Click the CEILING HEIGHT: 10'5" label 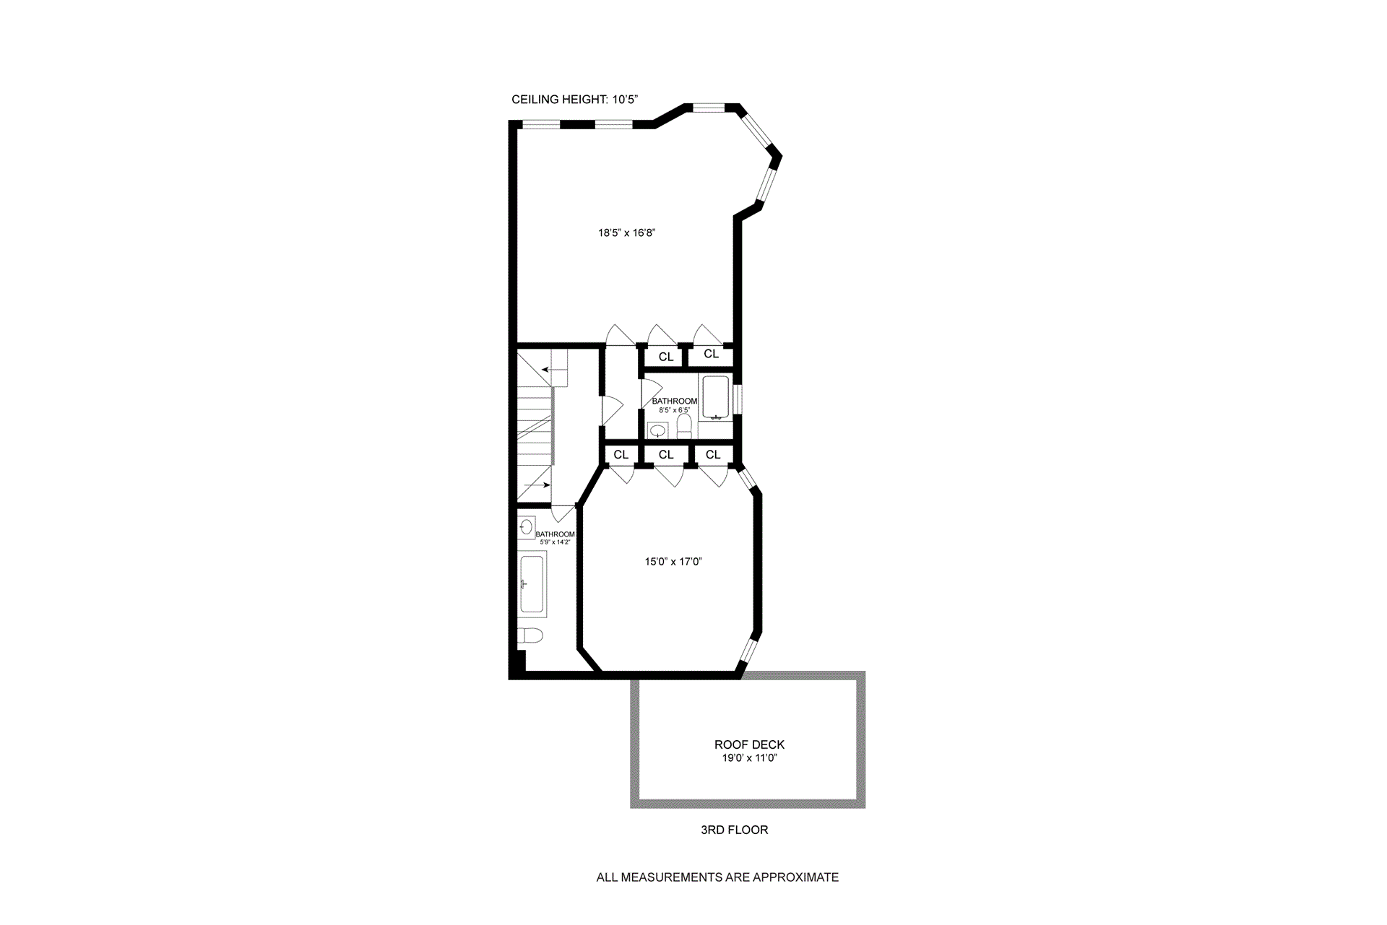(575, 100)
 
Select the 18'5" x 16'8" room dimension (626, 233)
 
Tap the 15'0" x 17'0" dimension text (673, 561)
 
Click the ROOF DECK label (749, 744)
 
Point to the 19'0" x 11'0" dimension (749, 758)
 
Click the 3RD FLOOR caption (734, 830)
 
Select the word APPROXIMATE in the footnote (795, 877)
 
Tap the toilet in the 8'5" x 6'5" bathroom (684, 426)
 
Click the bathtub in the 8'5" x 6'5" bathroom (716, 397)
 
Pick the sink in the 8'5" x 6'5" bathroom (657, 430)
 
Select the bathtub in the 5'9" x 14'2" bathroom (532, 584)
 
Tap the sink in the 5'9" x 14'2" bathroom (526, 526)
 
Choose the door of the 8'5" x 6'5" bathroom (647, 393)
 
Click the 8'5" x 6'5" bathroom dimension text (674, 410)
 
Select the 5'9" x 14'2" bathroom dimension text (555, 542)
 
